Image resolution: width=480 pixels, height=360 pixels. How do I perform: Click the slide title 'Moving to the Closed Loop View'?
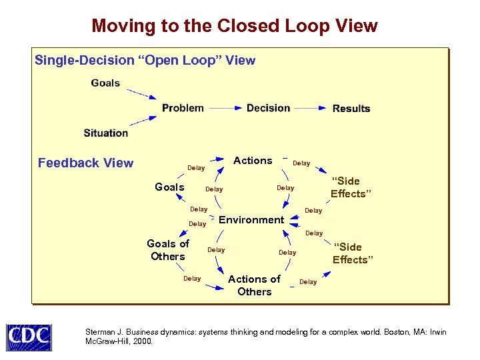click(235, 26)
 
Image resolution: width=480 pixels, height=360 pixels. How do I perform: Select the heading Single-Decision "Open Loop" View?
click(145, 61)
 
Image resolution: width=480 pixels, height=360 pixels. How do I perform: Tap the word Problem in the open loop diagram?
click(183, 108)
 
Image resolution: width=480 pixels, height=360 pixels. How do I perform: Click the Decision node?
click(268, 108)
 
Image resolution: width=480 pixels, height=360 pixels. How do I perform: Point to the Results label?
click(351, 109)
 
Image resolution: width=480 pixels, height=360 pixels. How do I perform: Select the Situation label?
click(106, 133)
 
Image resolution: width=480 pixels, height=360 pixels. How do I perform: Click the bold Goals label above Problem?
click(105, 83)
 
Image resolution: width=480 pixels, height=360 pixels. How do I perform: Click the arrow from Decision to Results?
click(311, 108)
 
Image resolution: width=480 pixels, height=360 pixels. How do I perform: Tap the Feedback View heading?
click(85, 163)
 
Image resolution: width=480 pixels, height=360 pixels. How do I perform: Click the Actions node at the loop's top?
click(253, 161)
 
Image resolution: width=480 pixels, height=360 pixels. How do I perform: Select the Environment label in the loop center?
click(251, 220)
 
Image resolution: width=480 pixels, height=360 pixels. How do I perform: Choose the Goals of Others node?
click(168, 250)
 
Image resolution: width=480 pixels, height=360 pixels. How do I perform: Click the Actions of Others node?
click(254, 285)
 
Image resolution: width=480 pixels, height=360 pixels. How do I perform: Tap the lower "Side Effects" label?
click(350, 253)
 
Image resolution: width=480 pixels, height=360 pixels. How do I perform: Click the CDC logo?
click(29, 337)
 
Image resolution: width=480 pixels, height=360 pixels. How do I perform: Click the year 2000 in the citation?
click(143, 341)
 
